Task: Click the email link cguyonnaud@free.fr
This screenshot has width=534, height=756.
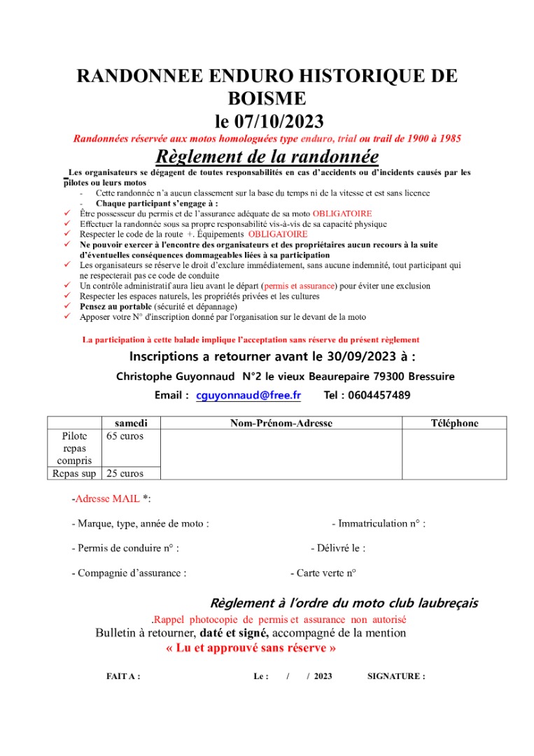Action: click(x=248, y=395)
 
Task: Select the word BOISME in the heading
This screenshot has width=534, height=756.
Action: click(x=267, y=98)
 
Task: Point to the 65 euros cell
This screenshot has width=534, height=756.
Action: click(x=125, y=436)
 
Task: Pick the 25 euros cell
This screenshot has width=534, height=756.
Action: click(x=125, y=473)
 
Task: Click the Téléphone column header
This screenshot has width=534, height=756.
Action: click(x=454, y=423)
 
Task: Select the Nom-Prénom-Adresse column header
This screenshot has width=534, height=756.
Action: click(x=281, y=423)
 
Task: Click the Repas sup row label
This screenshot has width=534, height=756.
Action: click(x=74, y=473)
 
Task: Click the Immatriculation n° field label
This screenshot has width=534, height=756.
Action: click(x=378, y=524)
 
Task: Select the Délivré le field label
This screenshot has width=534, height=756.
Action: click(x=338, y=548)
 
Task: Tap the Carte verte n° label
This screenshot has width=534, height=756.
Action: click(x=323, y=573)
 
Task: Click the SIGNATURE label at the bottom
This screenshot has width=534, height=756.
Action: click(x=395, y=676)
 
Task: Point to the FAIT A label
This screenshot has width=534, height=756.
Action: click(x=122, y=676)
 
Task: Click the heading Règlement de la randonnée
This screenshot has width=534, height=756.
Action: click(x=267, y=155)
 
